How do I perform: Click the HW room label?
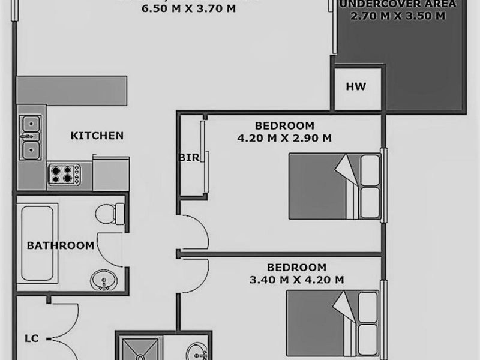click(355, 87)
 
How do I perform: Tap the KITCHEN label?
click(97, 136)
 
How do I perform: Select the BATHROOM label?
click(60, 245)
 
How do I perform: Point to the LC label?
click(32, 338)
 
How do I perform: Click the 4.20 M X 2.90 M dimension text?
click(284, 138)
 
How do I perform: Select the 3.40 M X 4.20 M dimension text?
click(296, 280)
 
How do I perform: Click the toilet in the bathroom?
click(110, 212)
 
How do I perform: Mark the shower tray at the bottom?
click(139, 349)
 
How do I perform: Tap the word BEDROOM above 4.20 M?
click(284, 126)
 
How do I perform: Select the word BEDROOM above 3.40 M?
click(296, 268)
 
